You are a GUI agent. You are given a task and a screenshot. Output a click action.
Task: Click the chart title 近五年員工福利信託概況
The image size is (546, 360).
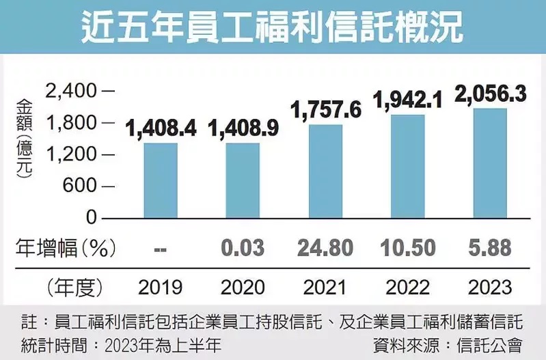click(x=273, y=28)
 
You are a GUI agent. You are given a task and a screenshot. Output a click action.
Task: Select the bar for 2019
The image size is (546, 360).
click(x=161, y=180)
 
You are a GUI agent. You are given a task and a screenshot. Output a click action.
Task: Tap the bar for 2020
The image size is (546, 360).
click(x=243, y=180)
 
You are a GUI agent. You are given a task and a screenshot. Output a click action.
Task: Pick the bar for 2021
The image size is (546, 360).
click(x=326, y=171)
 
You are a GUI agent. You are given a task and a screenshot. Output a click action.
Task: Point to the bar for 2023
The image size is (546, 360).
click(x=490, y=163)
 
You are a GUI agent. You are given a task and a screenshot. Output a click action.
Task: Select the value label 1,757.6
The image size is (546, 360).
click(x=327, y=108)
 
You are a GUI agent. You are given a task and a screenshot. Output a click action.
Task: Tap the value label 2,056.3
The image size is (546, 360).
click(x=491, y=92)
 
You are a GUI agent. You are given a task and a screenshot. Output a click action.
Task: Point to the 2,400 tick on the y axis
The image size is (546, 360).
click(x=72, y=90)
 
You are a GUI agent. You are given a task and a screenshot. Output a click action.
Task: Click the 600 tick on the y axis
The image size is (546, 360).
click(x=81, y=186)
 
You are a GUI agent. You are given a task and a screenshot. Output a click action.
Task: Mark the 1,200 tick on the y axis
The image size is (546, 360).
click(x=72, y=154)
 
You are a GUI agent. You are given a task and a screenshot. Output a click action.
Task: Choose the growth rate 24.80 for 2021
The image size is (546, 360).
click(x=326, y=249)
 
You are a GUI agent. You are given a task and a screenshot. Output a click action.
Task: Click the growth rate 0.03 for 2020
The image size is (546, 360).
click(x=243, y=249)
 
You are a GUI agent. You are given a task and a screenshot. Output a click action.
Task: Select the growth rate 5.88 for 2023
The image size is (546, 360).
click(x=490, y=249)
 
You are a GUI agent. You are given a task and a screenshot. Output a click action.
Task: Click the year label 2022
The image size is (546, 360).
click(x=408, y=287)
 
